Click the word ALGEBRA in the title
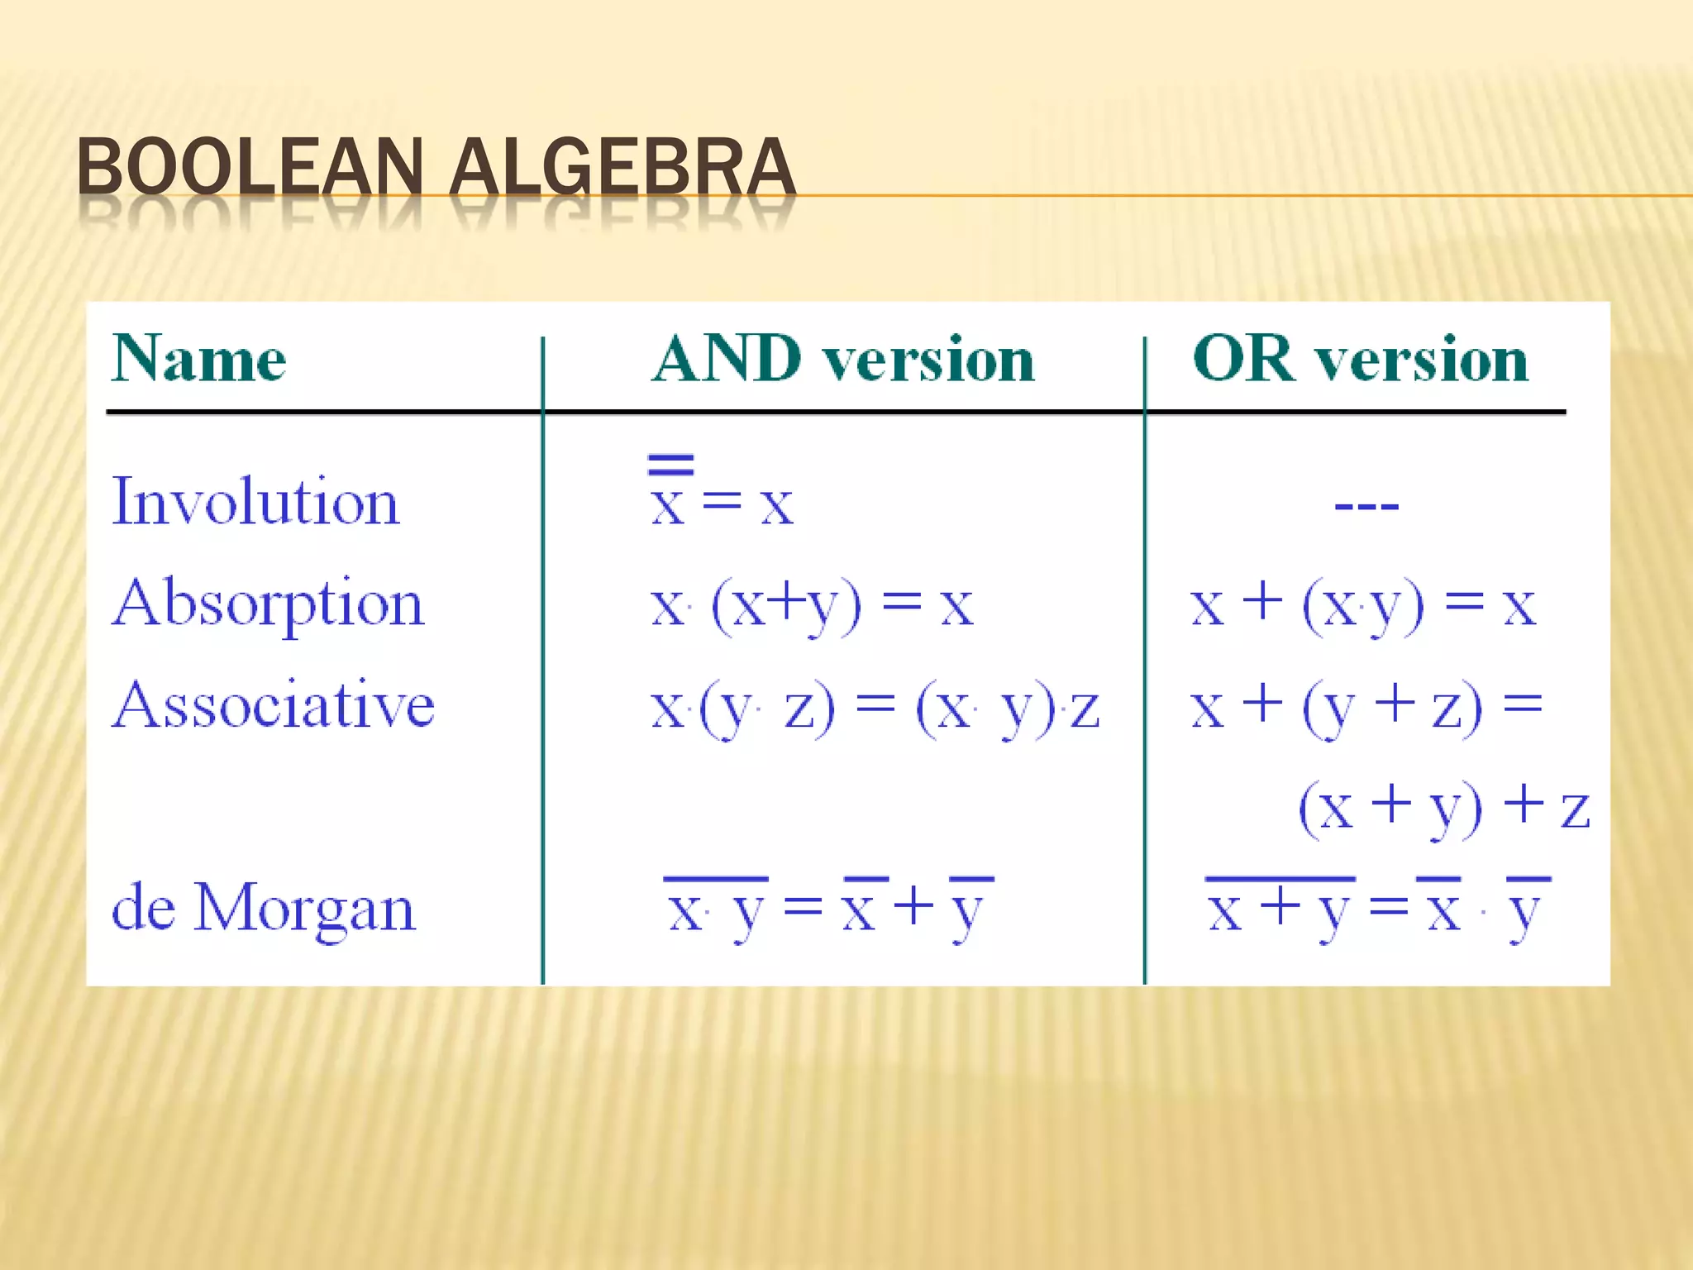[x=622, y=168]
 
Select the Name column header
[x=199, y=360]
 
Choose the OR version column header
[x=1361, y=360]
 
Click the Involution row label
[x=255, y=502]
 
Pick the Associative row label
[x=274, y=705]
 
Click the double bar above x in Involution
[x=670, y=464]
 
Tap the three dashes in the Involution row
[x=1366, y=505]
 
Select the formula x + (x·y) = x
[x=1363, y=606]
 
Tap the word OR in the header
[x=1242, y=360]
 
